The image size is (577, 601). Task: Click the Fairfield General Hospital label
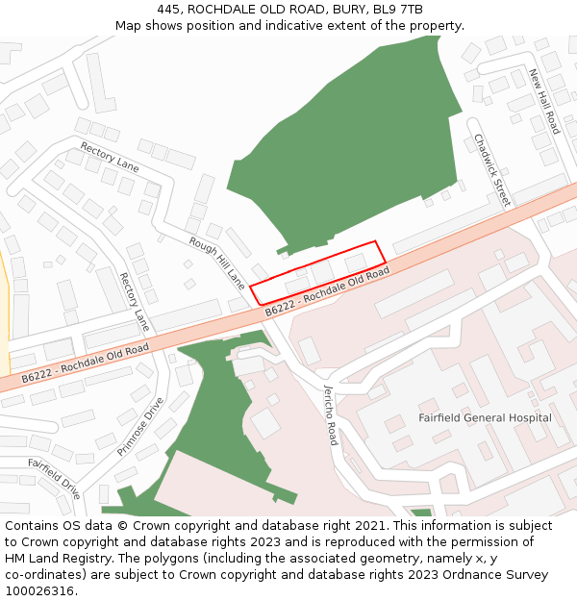(485, 417)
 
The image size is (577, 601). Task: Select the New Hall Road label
(543, 101)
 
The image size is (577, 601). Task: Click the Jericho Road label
(330, 414)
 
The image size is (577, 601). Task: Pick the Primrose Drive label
(140, 425)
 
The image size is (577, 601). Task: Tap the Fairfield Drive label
(54, 478)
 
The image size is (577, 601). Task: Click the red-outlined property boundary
(318, 273)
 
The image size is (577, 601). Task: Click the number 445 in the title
(168, 10)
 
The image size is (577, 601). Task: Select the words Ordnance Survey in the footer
(503, 575)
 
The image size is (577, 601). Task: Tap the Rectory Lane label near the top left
(110, 158)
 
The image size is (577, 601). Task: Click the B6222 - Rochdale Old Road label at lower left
(86, 362)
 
